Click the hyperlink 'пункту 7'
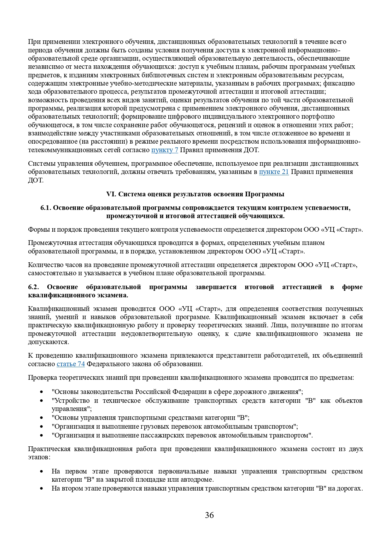coord(165,150)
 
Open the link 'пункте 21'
coord(274,172)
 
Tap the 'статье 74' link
coord(71,364)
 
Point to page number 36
coord(209,515)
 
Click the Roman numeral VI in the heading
coord(111,194)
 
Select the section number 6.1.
coord(46,208)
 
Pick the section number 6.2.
coord(33,287)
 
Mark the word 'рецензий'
coord(231,125)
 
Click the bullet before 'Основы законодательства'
coord(42,392)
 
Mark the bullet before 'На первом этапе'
coord(42,472)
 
